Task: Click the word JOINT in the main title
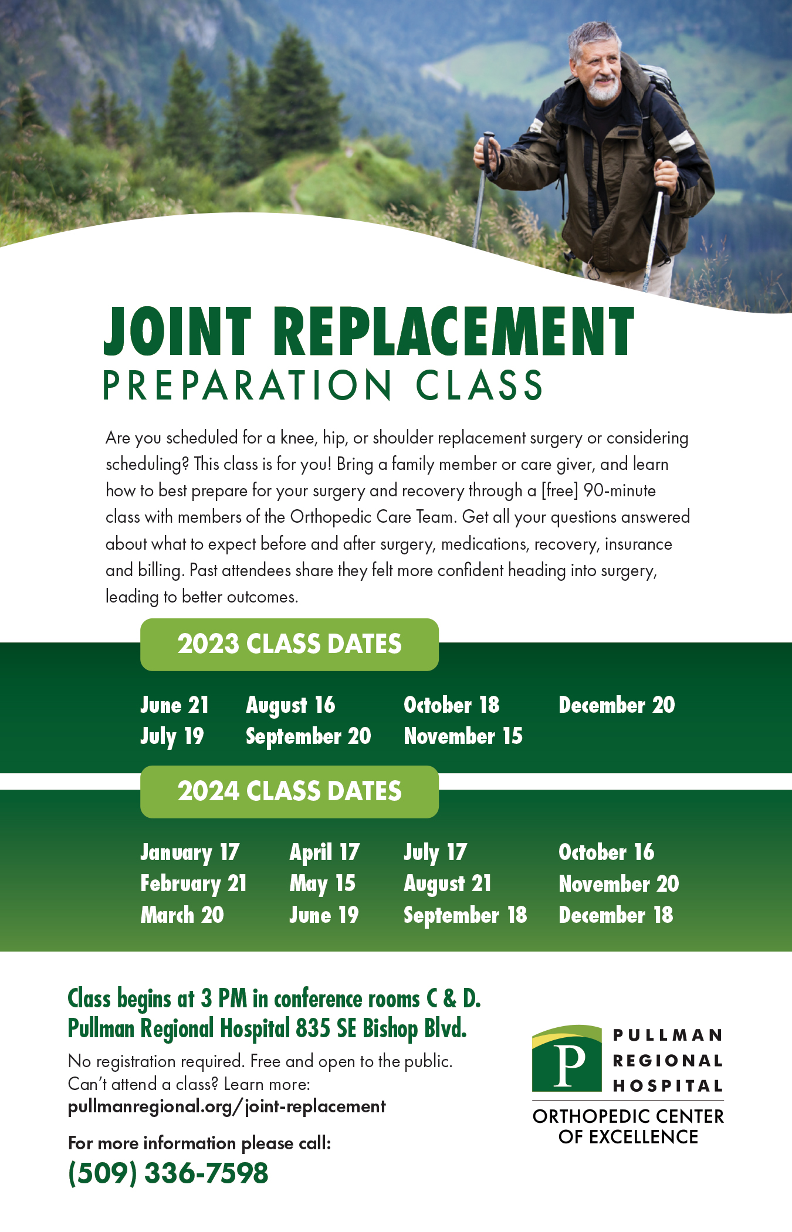pos(177,331)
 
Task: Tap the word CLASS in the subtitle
pos(479,385)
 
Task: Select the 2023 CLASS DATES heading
pos(289,644)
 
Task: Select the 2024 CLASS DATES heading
pos(289,791)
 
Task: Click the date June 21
pos(174,705)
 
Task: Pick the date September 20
pos(308,737)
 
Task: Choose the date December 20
pos(617,705)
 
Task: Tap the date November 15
pos(463,736)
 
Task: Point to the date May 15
pos(322,884)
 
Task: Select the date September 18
pos(465,916)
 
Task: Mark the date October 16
pos(606,852)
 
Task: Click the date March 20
pos(182,915)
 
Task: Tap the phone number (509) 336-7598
pos(168,1173)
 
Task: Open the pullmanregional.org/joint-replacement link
pos(227,1106)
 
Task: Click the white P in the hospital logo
pos(570,1065)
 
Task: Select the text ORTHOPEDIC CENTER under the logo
pos(628,1116)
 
